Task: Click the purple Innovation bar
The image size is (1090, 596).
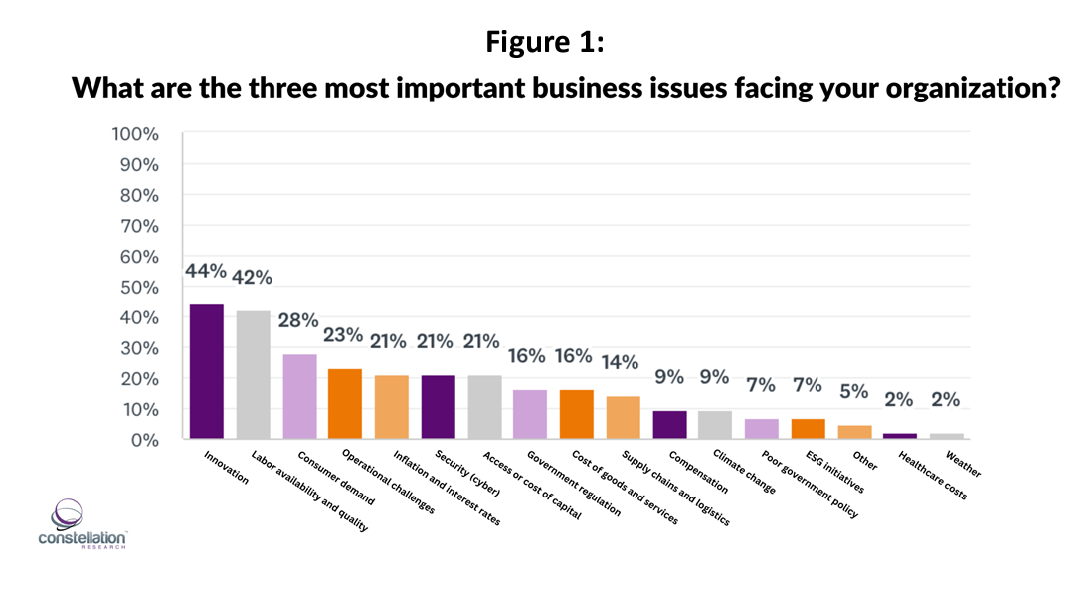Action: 207,371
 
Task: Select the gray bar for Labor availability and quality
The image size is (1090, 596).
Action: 253,374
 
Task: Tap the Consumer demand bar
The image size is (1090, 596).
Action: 299,396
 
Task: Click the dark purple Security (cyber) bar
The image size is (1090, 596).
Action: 438,407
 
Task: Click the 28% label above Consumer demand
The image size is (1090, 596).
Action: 298,320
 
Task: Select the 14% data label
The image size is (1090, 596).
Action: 621,363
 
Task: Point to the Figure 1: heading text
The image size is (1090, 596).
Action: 544,42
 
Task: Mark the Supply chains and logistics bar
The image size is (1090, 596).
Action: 623,417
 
